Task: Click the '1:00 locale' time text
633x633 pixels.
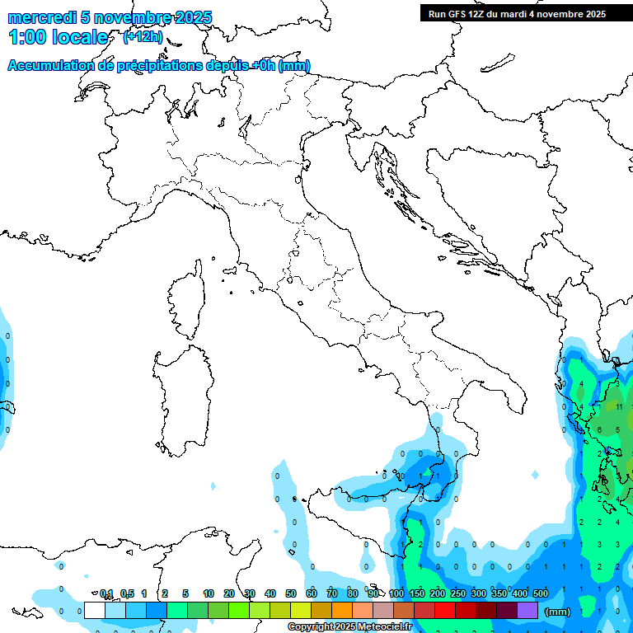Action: [x=58, y=37]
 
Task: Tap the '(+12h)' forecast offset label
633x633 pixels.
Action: [x=143, y=36]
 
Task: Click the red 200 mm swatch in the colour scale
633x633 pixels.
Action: [x=445, y=610]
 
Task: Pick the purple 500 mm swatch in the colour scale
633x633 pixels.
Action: [x=527, y=610]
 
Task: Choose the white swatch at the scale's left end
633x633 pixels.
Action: [x=95, y=610]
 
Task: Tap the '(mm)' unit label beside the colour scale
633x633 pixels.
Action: [x=558, y=612]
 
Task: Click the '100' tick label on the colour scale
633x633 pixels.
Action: [x=396, y=593]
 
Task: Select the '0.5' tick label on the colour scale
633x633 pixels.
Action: [x=127, y=593]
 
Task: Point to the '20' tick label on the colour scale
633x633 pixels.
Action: [x=228, y=593]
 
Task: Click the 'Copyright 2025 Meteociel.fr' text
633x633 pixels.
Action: [x=349, y=626]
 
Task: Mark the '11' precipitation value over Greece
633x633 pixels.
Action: [x=619, y=406]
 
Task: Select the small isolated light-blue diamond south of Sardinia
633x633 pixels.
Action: [x=213, y=486]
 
